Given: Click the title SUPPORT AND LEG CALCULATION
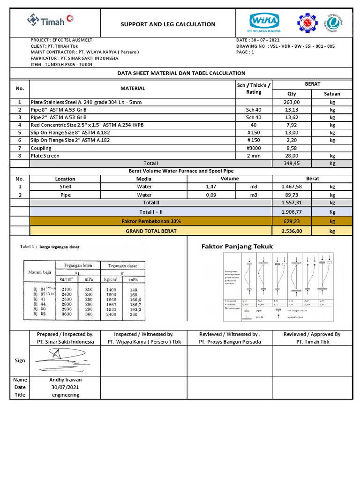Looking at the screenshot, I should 168,24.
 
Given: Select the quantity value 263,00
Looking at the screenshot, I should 292,102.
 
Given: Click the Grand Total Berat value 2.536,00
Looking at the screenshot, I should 292,231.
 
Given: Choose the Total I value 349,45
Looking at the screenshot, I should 292,163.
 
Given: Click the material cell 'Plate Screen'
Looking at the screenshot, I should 45,156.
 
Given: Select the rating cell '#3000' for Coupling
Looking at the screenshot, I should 254,148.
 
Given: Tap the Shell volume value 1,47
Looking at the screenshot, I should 211,186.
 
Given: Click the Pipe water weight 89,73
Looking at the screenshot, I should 292,195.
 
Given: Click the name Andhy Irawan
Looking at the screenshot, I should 65,380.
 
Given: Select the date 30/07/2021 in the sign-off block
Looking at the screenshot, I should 65,387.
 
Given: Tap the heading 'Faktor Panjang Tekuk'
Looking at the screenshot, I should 237,247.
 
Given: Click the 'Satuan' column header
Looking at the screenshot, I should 332,94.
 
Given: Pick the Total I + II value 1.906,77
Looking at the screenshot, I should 292,212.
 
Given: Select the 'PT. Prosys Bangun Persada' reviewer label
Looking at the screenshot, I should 229,342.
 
